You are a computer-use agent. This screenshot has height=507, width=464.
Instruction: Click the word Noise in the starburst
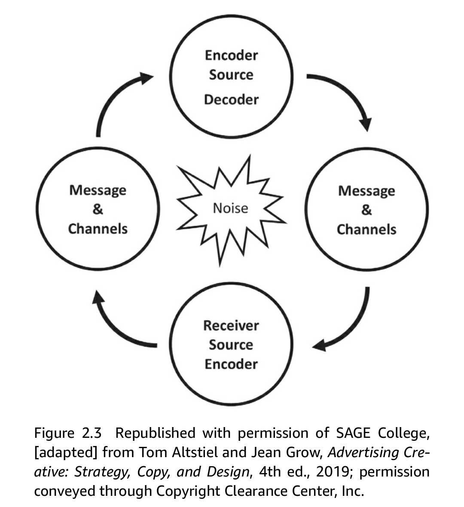point(231,208)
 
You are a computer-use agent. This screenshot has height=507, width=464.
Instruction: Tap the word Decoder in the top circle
point(231,100)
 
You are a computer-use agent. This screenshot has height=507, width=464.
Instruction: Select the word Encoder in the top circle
point(231,55)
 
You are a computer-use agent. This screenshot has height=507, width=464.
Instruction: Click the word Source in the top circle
point(231,75)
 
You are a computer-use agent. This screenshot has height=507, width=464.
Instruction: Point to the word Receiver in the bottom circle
point(231,326)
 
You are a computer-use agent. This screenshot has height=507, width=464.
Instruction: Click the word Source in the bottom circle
point(231,345)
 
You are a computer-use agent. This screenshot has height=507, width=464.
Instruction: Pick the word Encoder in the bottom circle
point(231,364)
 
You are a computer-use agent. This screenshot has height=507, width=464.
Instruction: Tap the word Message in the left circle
point(98,190)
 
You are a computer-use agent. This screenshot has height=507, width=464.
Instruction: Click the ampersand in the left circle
point(98,209)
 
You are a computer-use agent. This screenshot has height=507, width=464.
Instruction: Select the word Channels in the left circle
point(98,229)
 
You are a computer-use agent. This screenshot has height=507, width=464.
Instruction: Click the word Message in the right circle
point(366,191)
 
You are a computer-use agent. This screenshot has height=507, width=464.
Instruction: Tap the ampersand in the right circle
point(366,210)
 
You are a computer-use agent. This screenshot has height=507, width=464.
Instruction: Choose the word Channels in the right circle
point(366,229)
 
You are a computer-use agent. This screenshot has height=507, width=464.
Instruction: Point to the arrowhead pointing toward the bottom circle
point(319,345)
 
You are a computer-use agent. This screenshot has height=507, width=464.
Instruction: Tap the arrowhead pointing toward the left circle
point(98,298)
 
